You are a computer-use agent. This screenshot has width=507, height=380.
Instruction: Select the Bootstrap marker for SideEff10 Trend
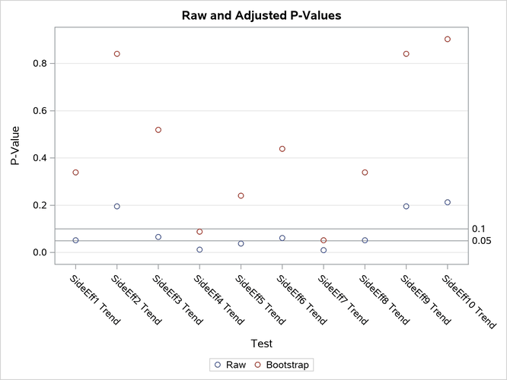pos(448,39)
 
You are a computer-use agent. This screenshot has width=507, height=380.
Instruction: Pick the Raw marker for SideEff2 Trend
pos(117,206)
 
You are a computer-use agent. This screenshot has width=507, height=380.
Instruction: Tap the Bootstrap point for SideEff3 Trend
pos(158,130)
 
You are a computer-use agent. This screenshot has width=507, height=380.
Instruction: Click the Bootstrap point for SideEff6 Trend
pos(282,149)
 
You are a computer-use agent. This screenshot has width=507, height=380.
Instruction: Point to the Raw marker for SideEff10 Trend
pos(448,202)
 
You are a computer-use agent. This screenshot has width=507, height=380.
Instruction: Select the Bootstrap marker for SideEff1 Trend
pos(75,173)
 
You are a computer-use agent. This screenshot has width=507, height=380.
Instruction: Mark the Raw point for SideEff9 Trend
pos(407,206)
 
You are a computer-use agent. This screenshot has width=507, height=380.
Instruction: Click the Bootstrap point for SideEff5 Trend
pos(241,195)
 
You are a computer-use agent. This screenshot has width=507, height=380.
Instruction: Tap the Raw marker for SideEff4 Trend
pos(199,249)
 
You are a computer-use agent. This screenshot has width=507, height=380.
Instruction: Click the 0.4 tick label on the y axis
pos(40,158)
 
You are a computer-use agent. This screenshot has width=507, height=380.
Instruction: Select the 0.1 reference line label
pos(479,229)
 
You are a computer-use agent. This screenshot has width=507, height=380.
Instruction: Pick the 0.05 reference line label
pos(482,241)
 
